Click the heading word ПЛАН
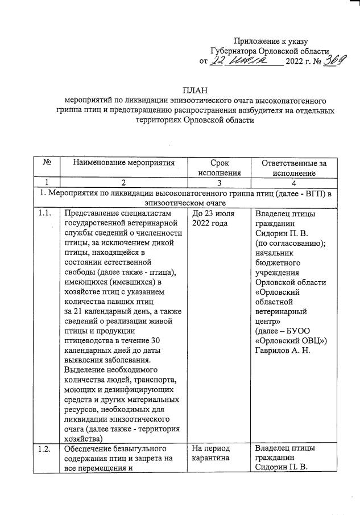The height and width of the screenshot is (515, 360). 196,90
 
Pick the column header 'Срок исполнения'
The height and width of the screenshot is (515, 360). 215,168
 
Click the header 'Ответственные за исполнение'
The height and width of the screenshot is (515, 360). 293,168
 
